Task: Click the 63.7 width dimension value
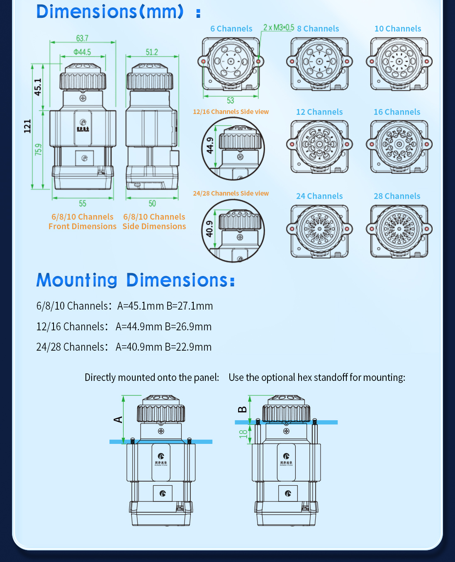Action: coord(82,38)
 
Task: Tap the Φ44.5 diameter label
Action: coord(82,52)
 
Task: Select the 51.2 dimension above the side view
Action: coord(152,52)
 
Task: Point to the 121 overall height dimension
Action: coord(27,126)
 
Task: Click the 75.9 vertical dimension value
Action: coord(39,150)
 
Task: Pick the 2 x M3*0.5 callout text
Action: coord(278,27)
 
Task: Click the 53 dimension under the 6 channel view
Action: coord(230,100)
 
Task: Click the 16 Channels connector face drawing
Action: coord(399,146)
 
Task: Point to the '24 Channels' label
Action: coord(319,196)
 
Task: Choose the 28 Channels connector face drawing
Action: coord(399,230)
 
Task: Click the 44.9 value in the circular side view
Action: coord(210,145)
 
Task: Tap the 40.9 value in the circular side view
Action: coord(210,229)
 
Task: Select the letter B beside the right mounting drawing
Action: coord(242,409)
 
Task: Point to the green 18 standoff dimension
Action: coord(243,434)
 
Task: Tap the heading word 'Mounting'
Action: coord(77,280)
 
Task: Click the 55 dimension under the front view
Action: coord(83,203)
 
